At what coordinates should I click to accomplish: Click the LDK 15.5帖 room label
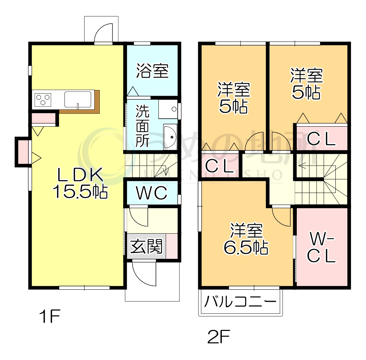(x=80, y=184)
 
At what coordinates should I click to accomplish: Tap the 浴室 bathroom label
(x=153, y=71)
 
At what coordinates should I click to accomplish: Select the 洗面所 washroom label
(x=142, y=126)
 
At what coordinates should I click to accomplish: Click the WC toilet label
(x=151, y=193)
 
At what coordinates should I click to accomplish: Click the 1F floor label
(x=49, y=317)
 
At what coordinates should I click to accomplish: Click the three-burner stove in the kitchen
(x=43, y=99)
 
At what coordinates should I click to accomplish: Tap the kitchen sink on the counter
(x=78, y=99)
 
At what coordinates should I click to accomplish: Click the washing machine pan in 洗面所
(x=168, y=108)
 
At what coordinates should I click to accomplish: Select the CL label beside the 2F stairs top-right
(x=321, y=139)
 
